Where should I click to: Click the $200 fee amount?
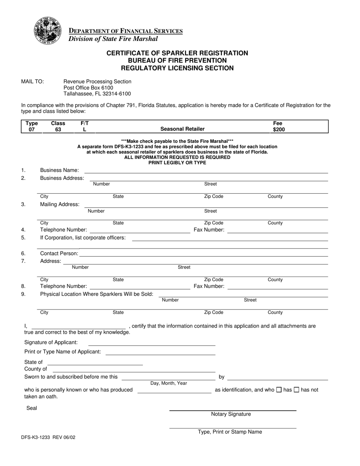(x=279, y=130)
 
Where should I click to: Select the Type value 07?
(x=31, y=130)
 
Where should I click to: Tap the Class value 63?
(x=58, y=130)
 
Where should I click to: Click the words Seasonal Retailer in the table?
(x=182, y=129)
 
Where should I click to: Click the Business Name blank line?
(x=206, y=170)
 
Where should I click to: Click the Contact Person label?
(x=59, y=253)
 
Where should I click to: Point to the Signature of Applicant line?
(x=152, y=343)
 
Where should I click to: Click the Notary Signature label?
(x=231, y=414)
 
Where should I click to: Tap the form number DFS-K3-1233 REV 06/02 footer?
(x=48, y=437)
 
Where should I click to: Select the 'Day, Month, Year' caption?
(x=169, y=383)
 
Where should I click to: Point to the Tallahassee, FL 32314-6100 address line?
(x=97, y=94)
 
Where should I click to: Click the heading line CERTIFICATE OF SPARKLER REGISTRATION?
(x=177, y=53)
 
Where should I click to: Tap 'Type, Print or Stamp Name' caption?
(x=230, y=432)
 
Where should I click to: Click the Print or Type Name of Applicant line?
(x=160, y=352)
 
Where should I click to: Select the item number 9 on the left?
(x=23, y=294)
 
